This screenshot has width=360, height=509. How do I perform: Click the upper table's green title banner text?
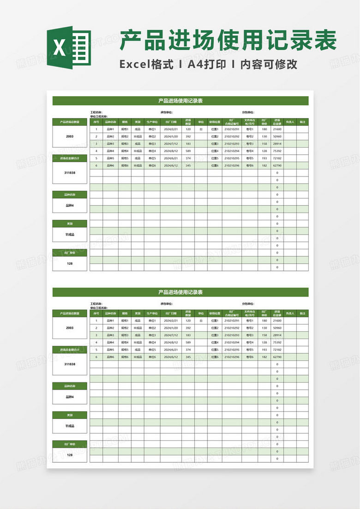point(180,100)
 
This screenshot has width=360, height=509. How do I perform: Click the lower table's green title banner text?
point(180,292)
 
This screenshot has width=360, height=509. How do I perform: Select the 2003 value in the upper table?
point(70,136)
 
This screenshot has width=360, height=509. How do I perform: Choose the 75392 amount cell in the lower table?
point(277,342)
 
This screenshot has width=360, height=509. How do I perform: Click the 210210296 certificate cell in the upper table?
point(232,165)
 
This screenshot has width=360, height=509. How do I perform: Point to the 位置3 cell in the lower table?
point(215,335)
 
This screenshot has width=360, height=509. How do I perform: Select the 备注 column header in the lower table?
point(302,314)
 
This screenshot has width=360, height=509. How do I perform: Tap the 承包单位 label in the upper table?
point(166,112)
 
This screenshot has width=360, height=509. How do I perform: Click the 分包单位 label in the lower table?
point(248,304)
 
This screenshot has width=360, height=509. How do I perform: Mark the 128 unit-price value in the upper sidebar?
point(70,263)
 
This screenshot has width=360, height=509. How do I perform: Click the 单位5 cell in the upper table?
point(152,158)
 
